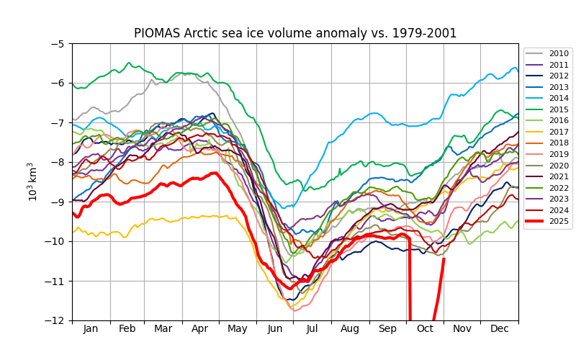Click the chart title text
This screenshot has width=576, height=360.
(x=295, y=34)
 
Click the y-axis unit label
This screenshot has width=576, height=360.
(x=32, y=181)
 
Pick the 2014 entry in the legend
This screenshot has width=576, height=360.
(x=559, y=99)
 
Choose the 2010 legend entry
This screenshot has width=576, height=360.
(x=559, y=53)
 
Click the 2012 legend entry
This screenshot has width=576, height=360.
(x=559, y=76)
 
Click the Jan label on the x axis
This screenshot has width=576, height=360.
(x=91, y=329)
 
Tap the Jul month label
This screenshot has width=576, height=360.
(x=312, y=329)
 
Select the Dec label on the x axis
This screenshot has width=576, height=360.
(x=500, y=329)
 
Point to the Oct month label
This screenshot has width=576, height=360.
(x=425, y=329)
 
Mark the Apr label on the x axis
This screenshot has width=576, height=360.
(x=201, y=329)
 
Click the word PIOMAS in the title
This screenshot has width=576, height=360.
(x=157, y=34)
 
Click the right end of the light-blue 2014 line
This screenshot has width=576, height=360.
(x=518, y=70)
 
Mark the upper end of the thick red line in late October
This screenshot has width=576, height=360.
(x=444, y=258)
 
